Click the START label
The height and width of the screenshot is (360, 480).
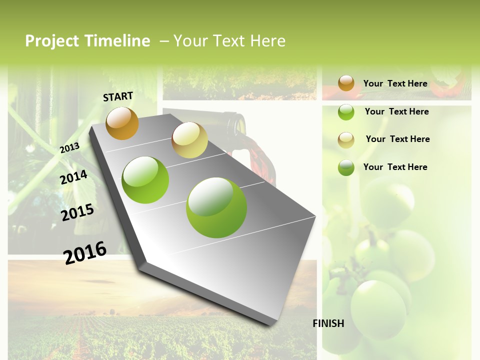118,96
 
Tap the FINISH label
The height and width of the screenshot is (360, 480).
328,323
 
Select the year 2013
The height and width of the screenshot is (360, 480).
69,147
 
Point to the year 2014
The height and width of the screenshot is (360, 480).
74,177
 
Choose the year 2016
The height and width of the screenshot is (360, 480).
85,252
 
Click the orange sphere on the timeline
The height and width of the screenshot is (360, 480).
122,123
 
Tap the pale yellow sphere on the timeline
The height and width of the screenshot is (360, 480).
189,140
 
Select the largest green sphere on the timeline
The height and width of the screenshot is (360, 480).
216,207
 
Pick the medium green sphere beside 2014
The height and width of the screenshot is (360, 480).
145,180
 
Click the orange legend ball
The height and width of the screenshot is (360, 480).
346,83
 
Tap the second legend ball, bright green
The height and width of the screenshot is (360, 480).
346,112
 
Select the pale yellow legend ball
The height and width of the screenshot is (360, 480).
346,140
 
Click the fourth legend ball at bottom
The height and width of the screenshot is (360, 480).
346,167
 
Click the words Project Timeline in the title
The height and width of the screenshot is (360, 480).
87,41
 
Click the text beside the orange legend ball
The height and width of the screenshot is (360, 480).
395,83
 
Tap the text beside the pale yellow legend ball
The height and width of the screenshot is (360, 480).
397,139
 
